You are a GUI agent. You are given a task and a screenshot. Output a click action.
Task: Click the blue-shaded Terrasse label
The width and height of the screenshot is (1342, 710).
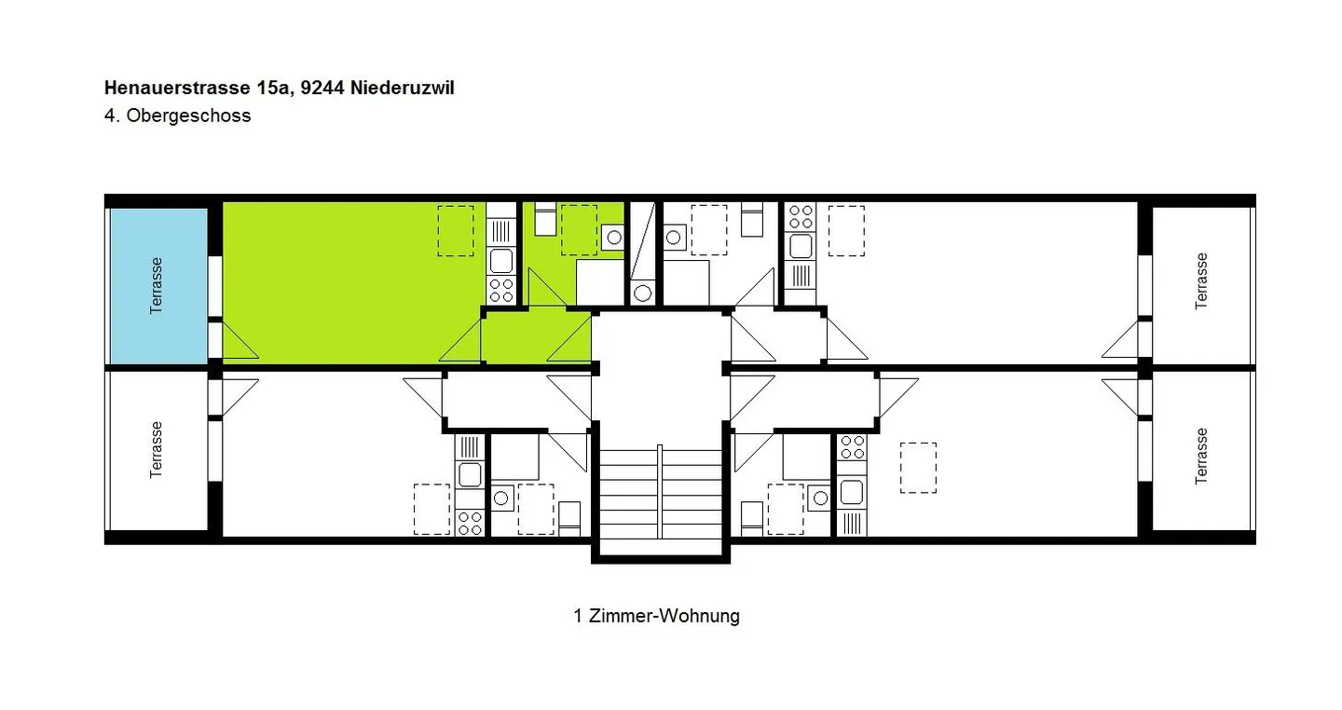point(157,286)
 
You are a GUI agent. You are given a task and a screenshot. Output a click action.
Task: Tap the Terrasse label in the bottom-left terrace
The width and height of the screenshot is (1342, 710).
point(157,450)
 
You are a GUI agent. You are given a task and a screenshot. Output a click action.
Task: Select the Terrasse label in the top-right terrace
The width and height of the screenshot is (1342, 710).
point(1201,281)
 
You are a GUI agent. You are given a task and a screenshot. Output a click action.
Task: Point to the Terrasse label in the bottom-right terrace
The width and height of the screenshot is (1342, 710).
point(1201,456)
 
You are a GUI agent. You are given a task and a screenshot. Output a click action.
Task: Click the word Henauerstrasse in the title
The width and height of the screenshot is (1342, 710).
point(177,89)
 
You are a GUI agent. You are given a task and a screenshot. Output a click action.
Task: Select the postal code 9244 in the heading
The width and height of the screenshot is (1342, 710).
point(322,89)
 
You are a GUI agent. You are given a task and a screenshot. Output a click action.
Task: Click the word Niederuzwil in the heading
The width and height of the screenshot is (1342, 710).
point(403,89)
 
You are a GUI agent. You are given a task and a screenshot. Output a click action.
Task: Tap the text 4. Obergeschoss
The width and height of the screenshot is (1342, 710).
point(177,115)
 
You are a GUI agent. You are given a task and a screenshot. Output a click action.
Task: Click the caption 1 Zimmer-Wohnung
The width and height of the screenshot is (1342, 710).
point(657,616)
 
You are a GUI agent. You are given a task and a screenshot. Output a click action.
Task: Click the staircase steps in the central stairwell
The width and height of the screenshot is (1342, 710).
point(660,494)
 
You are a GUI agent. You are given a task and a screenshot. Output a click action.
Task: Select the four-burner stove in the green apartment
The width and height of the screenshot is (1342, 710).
point(501,291)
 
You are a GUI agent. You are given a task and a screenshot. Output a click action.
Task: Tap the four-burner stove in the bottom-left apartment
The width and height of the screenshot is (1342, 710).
point(470,523)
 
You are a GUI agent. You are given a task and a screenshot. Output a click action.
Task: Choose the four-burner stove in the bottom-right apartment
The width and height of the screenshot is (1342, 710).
point(852,447)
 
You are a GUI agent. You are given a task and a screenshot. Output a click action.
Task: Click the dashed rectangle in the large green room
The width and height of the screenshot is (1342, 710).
point(456,231)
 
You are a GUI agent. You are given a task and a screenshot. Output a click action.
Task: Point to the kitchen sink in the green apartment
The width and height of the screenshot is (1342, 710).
point(501,261)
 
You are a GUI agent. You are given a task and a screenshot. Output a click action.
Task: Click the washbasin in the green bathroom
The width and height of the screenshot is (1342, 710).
point(614,238)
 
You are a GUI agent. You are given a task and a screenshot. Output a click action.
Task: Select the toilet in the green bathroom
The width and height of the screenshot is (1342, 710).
point(545,219)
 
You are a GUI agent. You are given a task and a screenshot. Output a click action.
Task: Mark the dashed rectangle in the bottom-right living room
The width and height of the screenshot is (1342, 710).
point(919,468)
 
